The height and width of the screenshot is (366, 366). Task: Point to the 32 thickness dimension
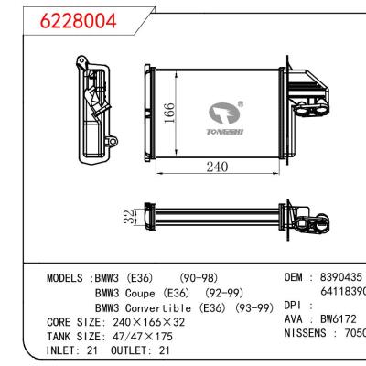pyautogui.click(x=128, y=218)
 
